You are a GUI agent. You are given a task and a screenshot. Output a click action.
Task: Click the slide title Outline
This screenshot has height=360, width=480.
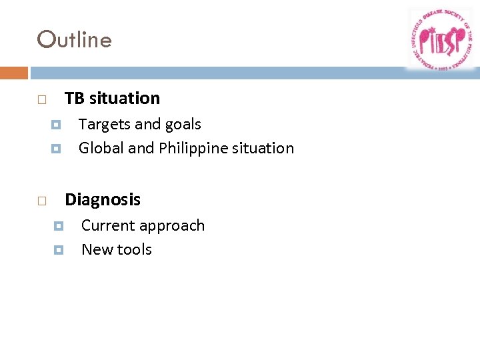point(75,40)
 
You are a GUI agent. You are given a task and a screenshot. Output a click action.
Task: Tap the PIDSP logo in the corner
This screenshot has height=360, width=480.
point(441,39)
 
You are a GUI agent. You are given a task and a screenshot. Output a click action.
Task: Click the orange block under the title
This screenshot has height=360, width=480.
point(14,73)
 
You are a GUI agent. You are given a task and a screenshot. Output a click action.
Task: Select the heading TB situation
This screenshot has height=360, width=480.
point(112,99)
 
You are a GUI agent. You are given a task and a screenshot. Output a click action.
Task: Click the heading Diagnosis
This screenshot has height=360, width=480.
point(103,200)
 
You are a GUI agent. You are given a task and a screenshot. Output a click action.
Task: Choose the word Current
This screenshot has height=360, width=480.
point(108,225)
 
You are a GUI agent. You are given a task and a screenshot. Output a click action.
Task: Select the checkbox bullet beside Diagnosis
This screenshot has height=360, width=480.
point(41,201)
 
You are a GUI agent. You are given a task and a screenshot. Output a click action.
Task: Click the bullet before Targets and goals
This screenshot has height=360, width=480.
point(56,125)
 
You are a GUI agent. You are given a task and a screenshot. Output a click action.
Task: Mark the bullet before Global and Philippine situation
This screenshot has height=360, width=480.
point(56,149)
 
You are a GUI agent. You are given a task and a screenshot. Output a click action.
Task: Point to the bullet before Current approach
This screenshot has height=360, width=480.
point(58,226)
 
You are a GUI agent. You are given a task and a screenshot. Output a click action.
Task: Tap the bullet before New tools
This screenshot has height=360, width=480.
point(58,250)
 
